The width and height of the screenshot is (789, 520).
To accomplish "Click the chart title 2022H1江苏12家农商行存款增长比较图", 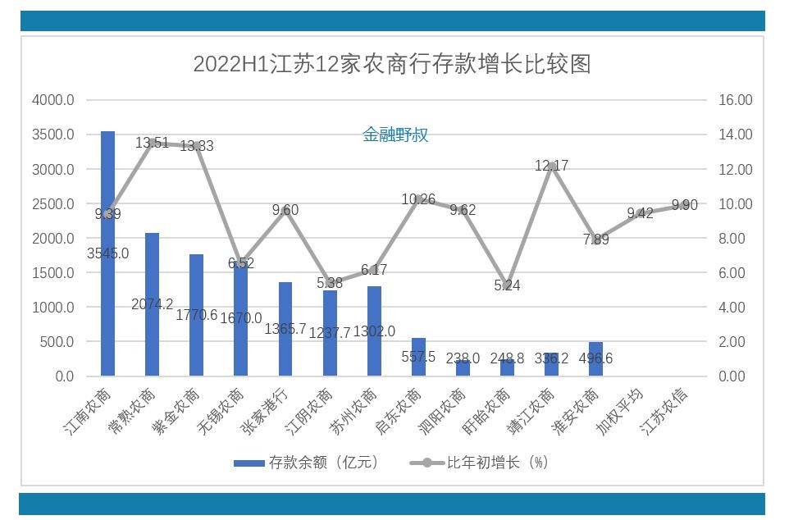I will point(392,64).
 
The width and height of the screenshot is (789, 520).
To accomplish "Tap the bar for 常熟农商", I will point(152,303).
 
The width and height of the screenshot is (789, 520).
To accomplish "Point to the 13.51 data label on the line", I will point(152,143).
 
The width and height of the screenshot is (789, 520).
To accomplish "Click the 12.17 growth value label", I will point(551,166).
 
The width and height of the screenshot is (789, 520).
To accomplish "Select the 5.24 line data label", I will point(507,285).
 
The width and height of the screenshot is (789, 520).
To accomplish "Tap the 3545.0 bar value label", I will point(108,253).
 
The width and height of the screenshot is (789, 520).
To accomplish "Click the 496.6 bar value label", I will point(596,358).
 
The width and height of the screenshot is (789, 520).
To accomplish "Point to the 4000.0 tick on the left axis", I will point(53,100).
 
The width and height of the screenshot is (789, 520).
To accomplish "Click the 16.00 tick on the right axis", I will point(736,100).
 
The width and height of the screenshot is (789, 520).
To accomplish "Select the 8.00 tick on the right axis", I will point(736,238).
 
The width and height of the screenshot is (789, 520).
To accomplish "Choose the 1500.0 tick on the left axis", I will point(53,272).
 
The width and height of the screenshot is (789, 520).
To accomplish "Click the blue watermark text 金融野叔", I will point(395,135).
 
